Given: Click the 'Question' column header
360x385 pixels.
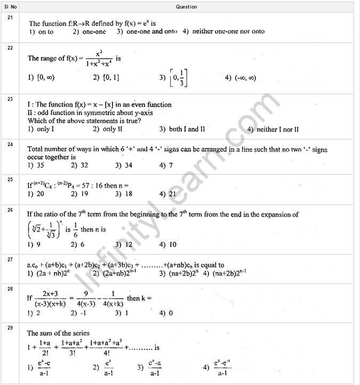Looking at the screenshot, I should pyautogui.click(x=187, y=7).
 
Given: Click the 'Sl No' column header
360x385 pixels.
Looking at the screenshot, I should pyautogui.click(x=11, y=7).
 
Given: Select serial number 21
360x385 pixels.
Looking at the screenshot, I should pyautogui.click(x=10, y=18).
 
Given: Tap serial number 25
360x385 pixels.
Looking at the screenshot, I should pyautogui.click(x=10, y=179).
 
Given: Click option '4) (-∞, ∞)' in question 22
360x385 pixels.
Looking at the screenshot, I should pyautogui.click(x=241, y=77).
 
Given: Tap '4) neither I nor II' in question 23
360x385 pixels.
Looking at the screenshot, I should pyautogui.click(x=273, y=129).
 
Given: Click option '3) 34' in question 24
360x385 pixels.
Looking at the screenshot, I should pyautogui.click(x=124, y=165).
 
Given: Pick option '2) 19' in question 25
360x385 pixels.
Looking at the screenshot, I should pyautogui.click(x=80, y=194).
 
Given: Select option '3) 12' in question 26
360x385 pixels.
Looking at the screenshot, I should pyautogui.click(x=124, y=244).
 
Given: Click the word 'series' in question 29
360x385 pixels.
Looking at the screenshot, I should pyautogui.click(x=79, y=333).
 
